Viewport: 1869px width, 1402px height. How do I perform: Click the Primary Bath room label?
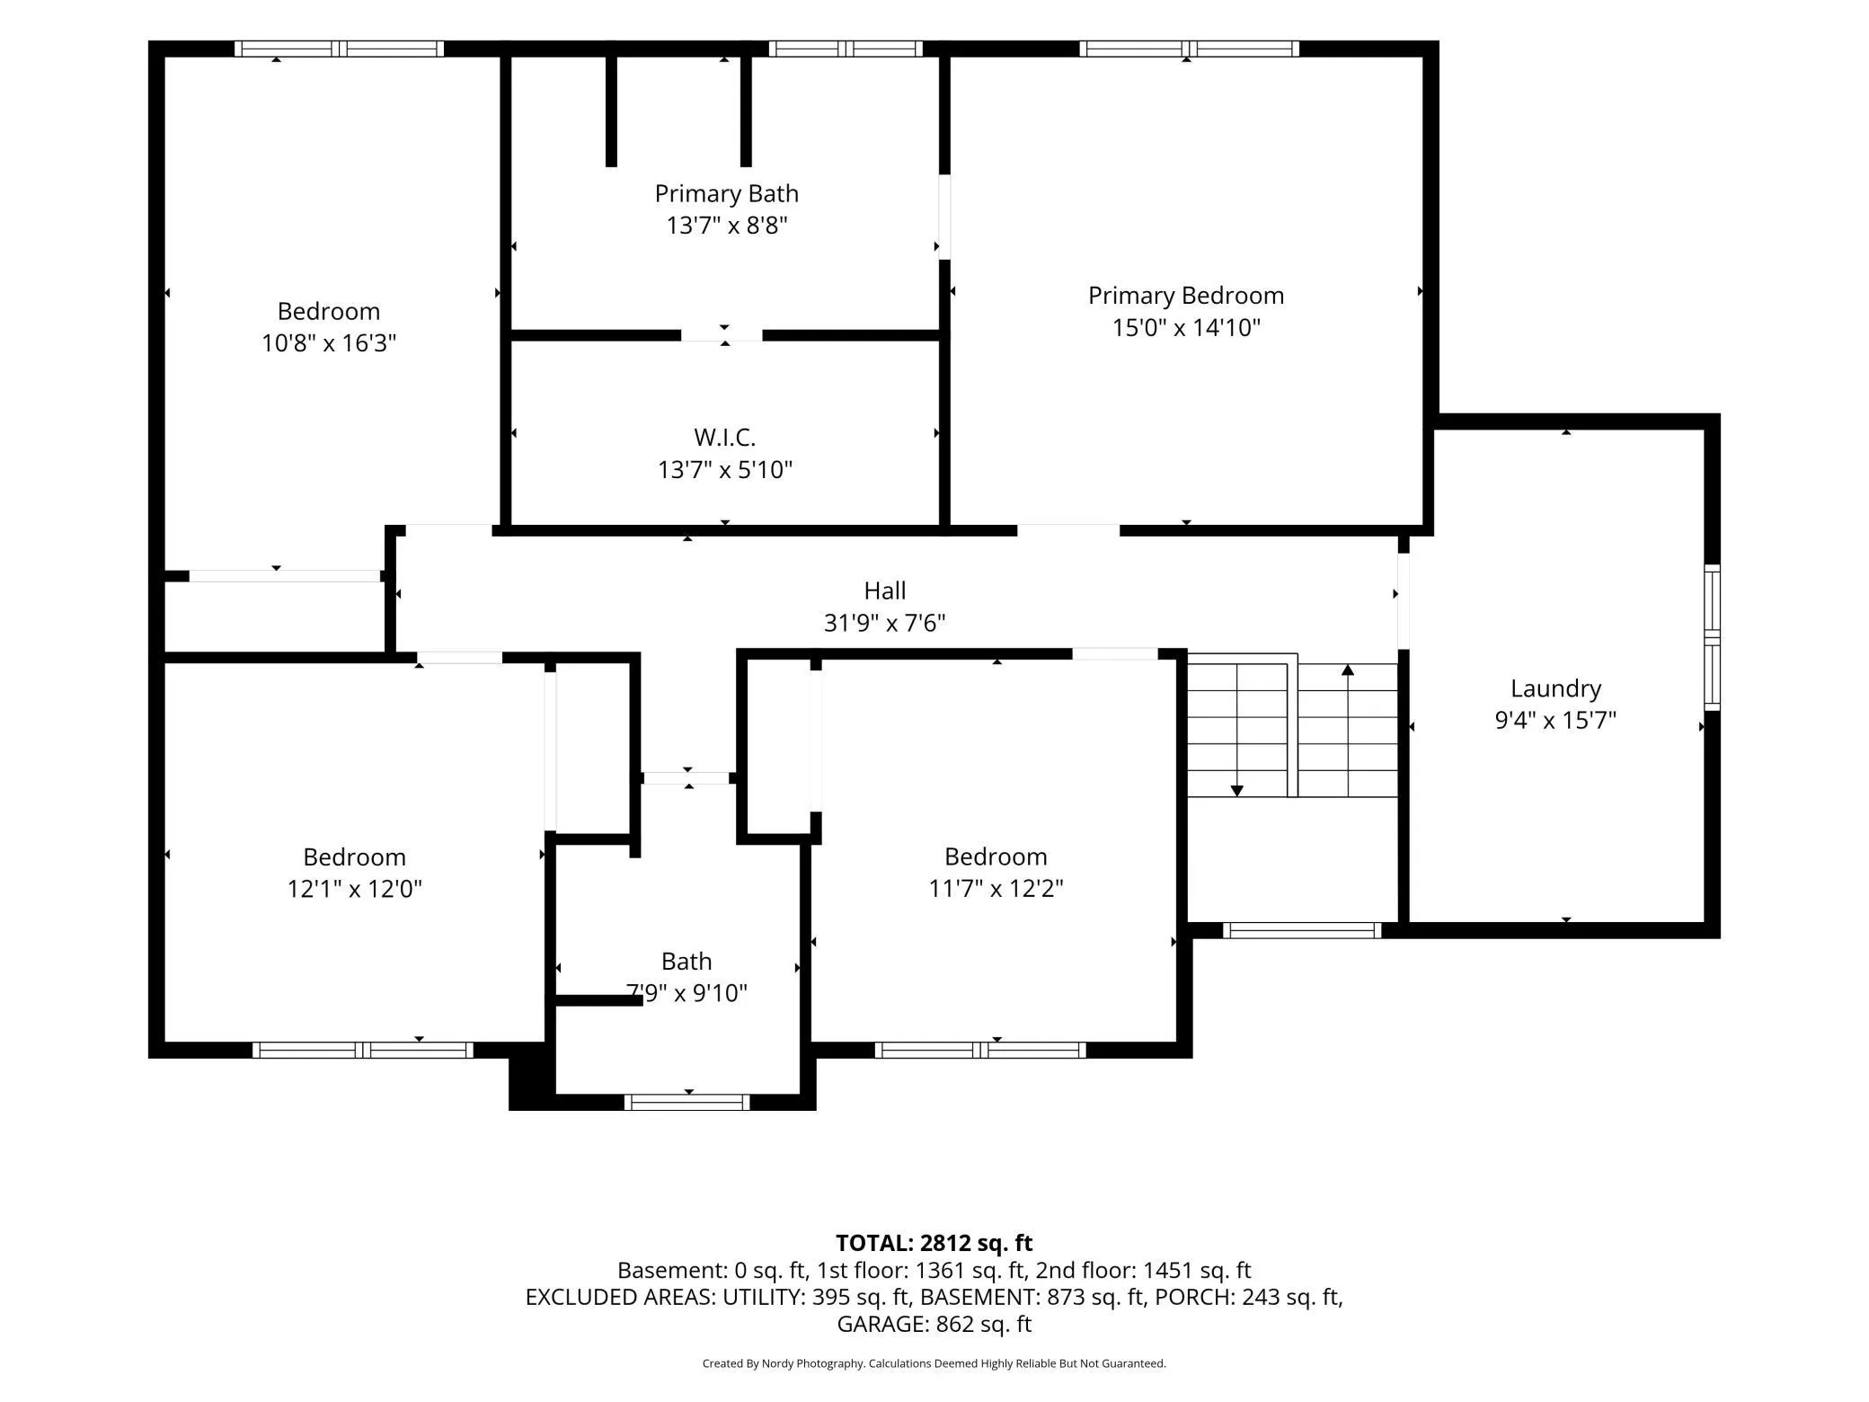(x=726, y=193)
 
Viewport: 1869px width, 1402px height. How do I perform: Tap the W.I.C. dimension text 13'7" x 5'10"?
(x=725, y=469)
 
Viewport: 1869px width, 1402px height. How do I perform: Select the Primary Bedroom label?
(x=1186, y=296)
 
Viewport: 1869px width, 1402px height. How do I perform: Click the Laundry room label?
(x=1555, y=688)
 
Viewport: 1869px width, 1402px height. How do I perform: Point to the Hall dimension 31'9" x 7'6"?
(x=885, y=622)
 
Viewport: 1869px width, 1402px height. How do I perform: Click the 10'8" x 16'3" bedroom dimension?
(x=329, y=342)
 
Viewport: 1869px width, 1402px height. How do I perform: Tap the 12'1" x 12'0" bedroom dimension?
(x=354, y=888)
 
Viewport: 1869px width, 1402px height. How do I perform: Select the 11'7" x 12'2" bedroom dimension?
(x=996, y=888)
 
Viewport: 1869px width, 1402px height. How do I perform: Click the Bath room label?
(x=686, y=962)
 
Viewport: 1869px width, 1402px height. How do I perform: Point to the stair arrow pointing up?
(x=1348, y=730)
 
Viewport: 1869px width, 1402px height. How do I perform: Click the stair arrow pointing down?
(x=1237, y=730)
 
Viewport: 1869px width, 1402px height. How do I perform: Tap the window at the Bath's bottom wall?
(x=687, y=1102)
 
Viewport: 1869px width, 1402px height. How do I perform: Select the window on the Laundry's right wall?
(x=1713, y=637)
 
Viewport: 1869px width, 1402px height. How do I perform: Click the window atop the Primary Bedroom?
(x=1189, y=49)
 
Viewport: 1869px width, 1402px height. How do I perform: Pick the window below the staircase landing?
(x=1302, y=930)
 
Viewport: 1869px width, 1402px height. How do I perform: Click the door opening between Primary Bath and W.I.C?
(x=722, y=335)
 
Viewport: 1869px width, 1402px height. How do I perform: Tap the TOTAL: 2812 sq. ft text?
(x=934, y=1243)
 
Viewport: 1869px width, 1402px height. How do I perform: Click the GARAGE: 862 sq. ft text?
(x=934, y=1324)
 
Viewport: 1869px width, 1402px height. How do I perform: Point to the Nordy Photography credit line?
(x=934, y=1363)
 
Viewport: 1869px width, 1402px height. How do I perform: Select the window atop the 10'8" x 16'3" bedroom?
(x=340, y=49)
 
